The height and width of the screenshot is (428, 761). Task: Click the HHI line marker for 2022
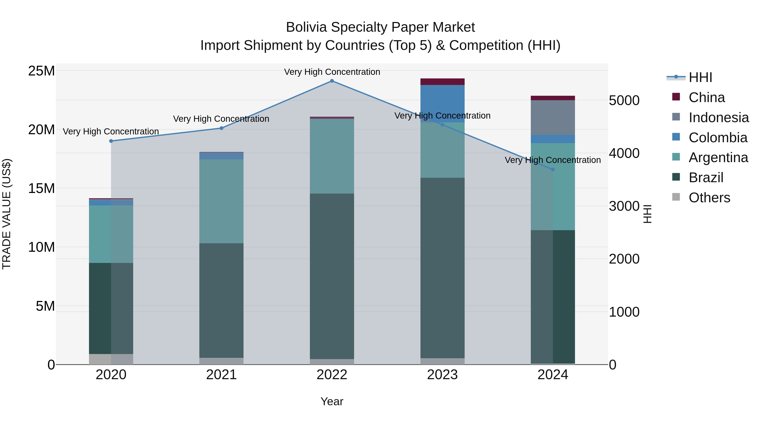[332, 81]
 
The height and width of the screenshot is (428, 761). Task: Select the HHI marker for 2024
[553, 170]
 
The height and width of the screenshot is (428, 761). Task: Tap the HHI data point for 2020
[111, 141]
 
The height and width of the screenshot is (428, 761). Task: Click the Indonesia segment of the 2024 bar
[553, 118]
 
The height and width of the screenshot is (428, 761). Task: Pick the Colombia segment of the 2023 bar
[442, 103]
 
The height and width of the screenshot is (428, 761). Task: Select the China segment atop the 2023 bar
[442, 82]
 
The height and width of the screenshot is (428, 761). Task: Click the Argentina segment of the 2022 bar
[332, 156]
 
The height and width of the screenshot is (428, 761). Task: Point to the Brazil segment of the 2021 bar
[221, 300]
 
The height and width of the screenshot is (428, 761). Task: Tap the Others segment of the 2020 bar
[111, 359]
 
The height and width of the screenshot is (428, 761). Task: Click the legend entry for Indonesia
[719, 118]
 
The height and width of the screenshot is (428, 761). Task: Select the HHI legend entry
[700, 77]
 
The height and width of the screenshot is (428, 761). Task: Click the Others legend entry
[709, 198]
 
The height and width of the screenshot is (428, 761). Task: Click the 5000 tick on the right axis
[624, 100]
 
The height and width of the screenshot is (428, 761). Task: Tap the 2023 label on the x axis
[442, 375]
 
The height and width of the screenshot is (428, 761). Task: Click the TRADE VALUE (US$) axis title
[7, 214]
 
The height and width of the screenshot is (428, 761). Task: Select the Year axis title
[332, 401]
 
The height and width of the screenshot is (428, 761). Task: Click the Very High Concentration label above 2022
[332, 72]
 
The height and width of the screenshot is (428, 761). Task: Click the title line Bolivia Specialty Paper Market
[380, 27]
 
